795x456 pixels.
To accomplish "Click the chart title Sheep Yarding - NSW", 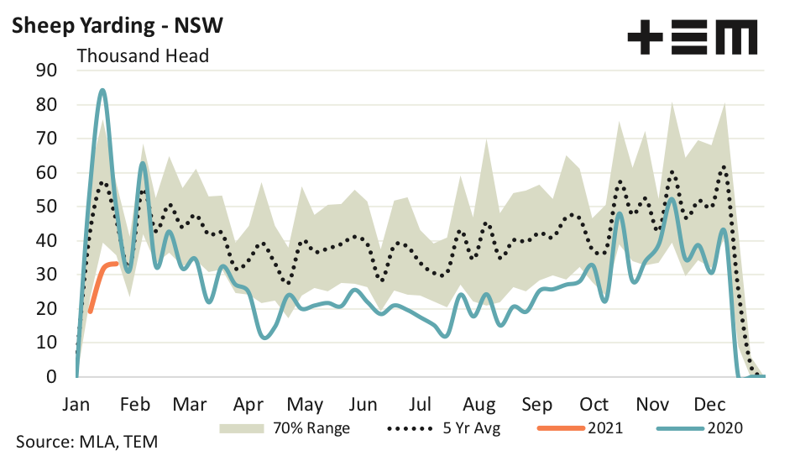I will coord(116,26).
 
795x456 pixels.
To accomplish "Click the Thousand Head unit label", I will coord(143,56).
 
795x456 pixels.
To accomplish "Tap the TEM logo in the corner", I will coord(692,38).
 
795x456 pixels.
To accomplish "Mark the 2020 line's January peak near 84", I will coord(102,90).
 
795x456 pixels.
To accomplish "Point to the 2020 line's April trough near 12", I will coord(265,338).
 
